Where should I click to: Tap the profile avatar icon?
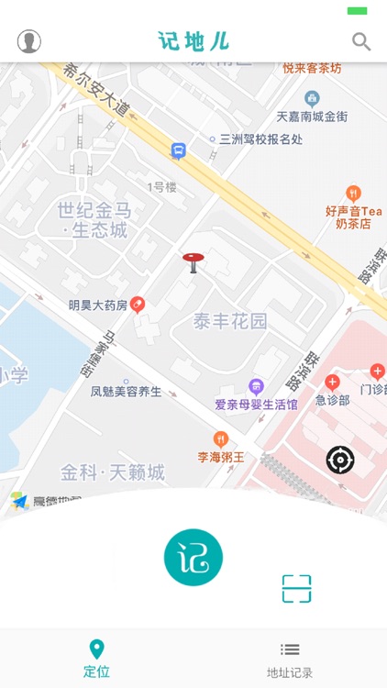tap(29, 41)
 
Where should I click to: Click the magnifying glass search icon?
tap(361, 41)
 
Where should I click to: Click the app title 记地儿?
tap(193, 41)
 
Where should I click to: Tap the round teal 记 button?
tap(193, 558)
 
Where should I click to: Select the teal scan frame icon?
tap(296, 589)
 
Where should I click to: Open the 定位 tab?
tap(96, 660)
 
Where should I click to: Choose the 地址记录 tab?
tap(290, 660)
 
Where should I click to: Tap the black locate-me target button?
tap(340, 459)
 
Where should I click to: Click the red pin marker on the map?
tap(193, 262)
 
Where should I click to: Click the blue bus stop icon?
tap(178, 150)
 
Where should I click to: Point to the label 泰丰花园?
tap(230, 321)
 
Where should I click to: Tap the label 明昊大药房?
tap(98, 305)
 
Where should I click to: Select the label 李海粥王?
tap(221, 456)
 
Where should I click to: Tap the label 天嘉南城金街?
tap(312, 117)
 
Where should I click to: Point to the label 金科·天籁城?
tap(113, 472)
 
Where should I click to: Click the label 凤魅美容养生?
tap(126, 392)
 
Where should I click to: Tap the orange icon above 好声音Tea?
tap(354, 194)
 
